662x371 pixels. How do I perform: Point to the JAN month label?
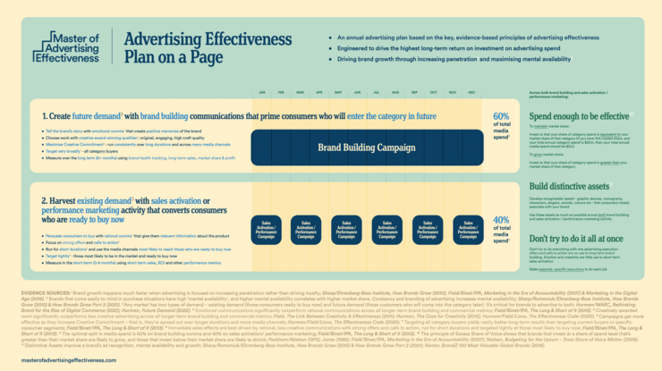pos(260,93)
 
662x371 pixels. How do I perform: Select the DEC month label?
pos(472,93)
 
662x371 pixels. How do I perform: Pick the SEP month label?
pos(415,93)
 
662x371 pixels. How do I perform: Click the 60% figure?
pos(501,116)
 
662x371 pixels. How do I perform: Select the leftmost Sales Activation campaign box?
pos(265,231)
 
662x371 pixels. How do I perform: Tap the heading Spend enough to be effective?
pos(580,116)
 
